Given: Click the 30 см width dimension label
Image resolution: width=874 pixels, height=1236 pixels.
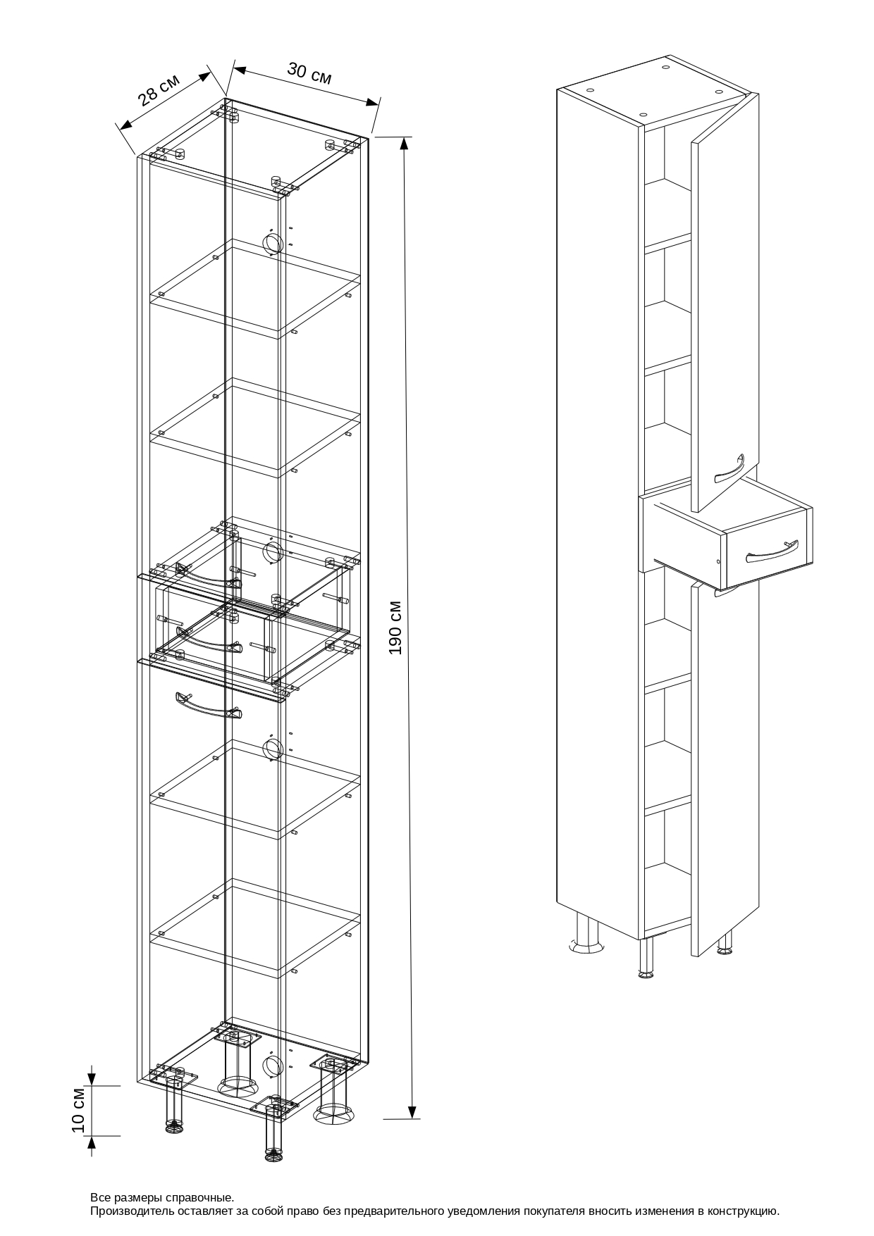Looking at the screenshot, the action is pos(309,73).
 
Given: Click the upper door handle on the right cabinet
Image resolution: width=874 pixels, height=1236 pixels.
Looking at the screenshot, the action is pos(730,469).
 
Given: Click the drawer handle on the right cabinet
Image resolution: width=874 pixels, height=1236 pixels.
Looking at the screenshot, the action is pos(772,551).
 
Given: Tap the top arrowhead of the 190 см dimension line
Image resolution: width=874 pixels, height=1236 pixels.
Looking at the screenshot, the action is pos(405,143).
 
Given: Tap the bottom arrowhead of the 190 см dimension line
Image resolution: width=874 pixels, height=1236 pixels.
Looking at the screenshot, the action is pos(413,1111).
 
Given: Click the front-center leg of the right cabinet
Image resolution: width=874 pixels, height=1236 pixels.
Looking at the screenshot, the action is pos(646,959).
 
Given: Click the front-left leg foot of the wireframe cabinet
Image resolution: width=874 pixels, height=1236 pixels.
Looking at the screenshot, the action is pos(174,1129).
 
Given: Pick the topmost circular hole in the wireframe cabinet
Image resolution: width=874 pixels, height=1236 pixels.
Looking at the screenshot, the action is pos(271,242).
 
